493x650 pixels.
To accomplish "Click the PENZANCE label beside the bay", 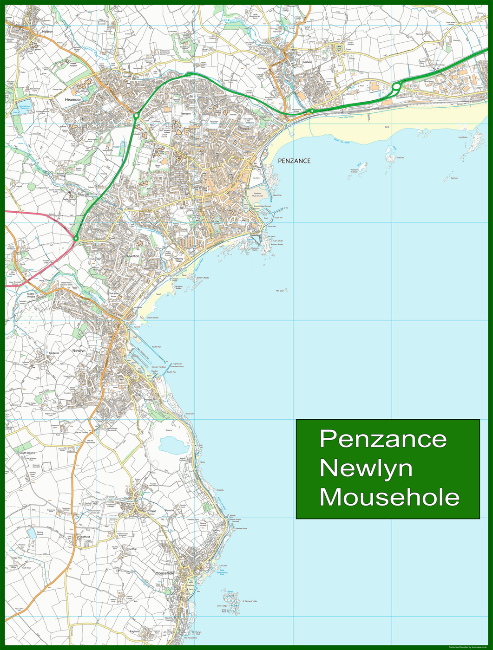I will pyautogui.click(x=294, y=161).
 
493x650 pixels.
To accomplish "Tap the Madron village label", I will pyautogui.click(x=47, y=32).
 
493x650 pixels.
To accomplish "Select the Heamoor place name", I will pyautogui.click(x=73, y=99).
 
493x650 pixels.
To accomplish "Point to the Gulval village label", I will pyautogui.click(x=306, y=62).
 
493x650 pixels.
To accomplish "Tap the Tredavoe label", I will pyautogui.click(x=54, y=353).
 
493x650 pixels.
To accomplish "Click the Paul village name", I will pyautogui.click(x=152, y=511).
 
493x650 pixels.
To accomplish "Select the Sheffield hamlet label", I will pyautogui.click(x=85, y=537).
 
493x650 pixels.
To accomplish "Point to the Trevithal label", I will pyautogui.click(x=131, y=549).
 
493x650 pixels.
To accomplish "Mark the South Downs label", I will pyautogui.click(x=27, y=453).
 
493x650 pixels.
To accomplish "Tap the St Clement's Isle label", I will pyautogui.click(x=249, y=601).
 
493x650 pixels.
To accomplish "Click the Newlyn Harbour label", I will pyautogui.click(x=159, y=367).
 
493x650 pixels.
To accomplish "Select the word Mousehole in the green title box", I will pyautogui.click(x=390, y=497).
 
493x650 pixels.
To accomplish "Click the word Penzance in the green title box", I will pyautogui.click(x=383, y=439).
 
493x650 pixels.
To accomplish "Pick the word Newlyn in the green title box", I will pyautogui.click(x=366, y=468).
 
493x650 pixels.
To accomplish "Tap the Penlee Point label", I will pyautogui.click(x=242, y=528).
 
